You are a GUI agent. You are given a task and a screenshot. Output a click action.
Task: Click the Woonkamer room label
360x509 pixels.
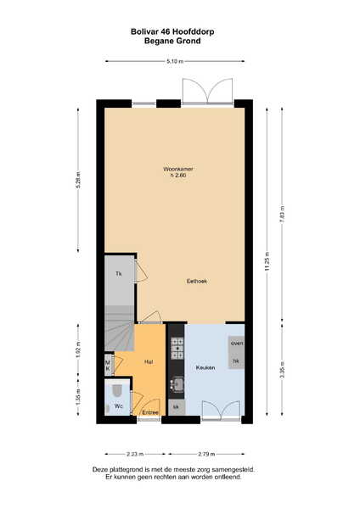pos(178,169)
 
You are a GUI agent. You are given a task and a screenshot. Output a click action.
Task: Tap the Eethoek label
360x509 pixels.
pos(197,281)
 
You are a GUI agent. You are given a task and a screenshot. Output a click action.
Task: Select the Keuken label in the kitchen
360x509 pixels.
pos(205,367)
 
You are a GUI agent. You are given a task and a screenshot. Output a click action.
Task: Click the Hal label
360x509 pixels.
pos(149,361)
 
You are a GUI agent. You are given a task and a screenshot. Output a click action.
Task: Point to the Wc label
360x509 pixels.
pos(118,406)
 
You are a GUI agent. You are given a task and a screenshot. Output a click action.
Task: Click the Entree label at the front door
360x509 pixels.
pos(150,412)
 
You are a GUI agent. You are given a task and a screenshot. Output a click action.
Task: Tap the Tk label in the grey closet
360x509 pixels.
pos(119,274)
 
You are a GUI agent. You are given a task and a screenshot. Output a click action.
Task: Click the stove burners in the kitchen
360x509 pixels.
pos(177,349)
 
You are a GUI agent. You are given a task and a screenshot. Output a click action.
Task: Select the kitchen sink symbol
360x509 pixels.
pos(177,384)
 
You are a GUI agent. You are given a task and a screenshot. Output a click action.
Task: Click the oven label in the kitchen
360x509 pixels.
pos(237,343)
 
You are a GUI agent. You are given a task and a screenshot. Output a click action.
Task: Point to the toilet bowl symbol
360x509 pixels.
pos(116,389)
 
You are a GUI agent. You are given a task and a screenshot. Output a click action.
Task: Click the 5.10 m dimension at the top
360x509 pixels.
pos(175,61)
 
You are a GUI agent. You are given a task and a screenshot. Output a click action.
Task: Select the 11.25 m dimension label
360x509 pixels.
pos(267,261)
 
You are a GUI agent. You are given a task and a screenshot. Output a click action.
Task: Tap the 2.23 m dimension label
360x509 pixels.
pos(135,454)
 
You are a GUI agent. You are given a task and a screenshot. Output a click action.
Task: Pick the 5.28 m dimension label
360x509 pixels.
pos(78,180)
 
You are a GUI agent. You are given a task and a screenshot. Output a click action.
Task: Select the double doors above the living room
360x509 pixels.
pos(208,91)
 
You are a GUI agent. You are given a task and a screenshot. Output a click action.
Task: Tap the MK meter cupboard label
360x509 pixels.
pos(108,365)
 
